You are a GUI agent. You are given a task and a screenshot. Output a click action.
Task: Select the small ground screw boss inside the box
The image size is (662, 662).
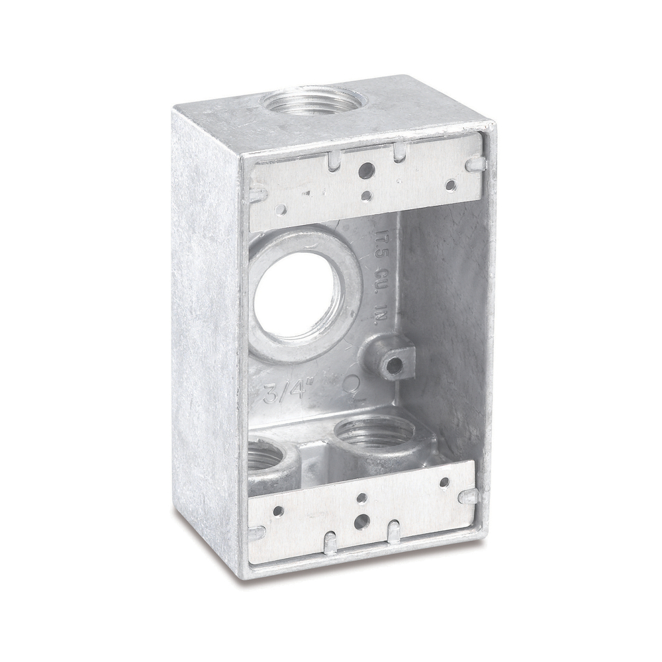click(x=395, y=363)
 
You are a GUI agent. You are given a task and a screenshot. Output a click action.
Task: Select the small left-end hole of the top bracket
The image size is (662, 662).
click(x=281, y=210)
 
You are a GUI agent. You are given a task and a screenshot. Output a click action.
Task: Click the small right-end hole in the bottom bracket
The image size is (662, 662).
click(x=444, y=483)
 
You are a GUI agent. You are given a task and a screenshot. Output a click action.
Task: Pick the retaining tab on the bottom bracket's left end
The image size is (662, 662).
click(x=256, y=532)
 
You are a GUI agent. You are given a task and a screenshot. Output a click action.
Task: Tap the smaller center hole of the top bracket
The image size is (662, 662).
click(x=367, y=195)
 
